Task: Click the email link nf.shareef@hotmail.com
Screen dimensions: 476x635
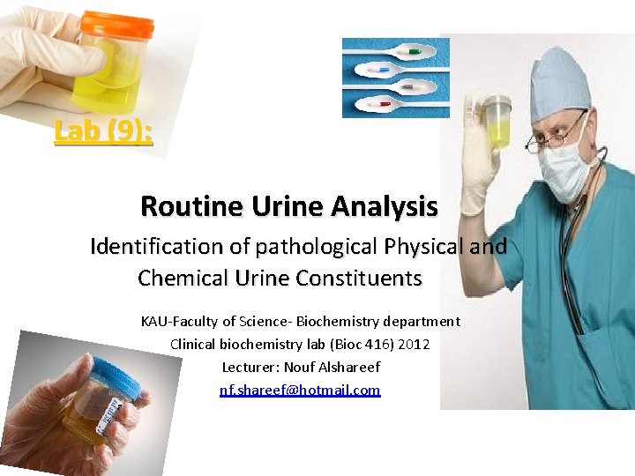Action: point(300,389)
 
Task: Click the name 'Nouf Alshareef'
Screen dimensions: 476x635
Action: point(338,367)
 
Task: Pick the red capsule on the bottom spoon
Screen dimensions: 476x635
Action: point(385,103)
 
